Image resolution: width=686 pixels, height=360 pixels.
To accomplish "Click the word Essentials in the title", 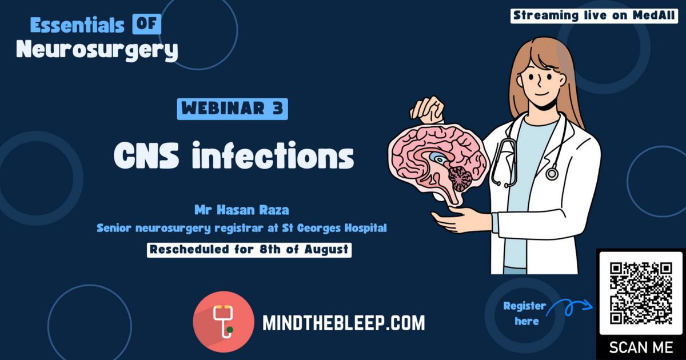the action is (77, 25).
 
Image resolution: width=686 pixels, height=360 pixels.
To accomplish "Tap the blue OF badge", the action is (147, 24).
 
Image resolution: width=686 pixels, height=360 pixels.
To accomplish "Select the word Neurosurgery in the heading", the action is (97, 50).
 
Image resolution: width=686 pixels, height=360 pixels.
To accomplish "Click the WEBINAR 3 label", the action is (233, 109).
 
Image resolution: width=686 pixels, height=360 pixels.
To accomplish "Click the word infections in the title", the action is (273, 155).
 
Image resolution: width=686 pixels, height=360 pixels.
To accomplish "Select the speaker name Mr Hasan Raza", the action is (242, 210).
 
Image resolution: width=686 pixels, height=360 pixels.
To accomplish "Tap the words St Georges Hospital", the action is (334, 228).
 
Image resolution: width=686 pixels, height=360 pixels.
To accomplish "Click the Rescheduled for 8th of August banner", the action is (249, 250).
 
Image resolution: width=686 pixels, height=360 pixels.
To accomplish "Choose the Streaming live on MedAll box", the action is (594, 16).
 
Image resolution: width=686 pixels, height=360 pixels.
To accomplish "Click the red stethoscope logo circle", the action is (224, 321).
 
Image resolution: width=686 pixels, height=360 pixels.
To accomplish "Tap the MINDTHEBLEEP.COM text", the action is (344, 323).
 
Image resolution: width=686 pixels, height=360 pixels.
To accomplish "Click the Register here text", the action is (524, 314).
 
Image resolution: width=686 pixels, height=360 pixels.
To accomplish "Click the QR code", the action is (641, 293).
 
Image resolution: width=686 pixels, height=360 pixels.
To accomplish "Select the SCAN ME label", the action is (641, 348).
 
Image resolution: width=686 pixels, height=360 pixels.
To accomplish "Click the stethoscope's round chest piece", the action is (552, 174).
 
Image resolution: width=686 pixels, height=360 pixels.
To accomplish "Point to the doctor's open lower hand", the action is (460, 219).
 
